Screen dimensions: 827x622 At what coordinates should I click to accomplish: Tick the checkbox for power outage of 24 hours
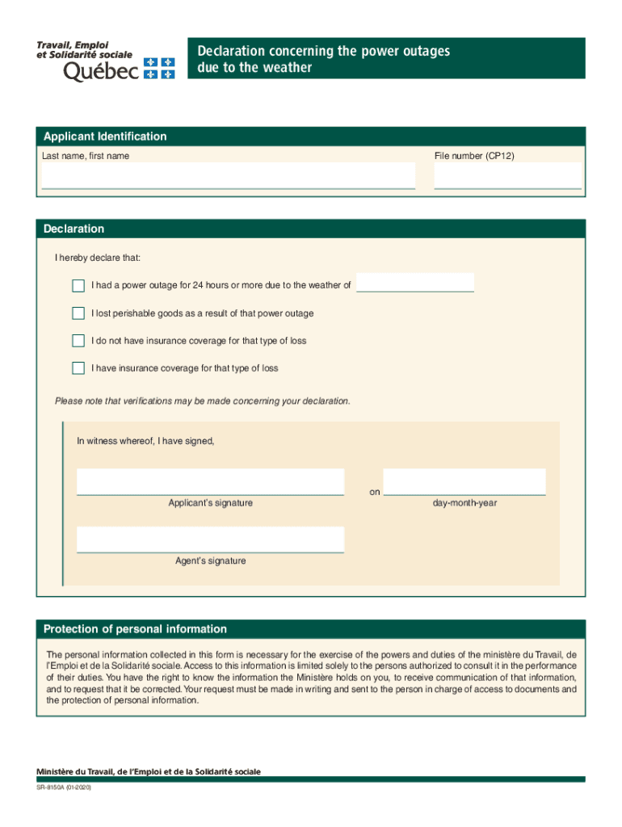click(78, 285)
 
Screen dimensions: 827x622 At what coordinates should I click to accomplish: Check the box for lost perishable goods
click(78, 313)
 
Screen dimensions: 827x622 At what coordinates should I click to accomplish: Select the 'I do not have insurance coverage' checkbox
click(78, 341)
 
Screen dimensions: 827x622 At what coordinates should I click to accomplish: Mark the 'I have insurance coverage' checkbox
click(78, 368)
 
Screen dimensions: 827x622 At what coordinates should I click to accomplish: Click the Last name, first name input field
click(228, 175)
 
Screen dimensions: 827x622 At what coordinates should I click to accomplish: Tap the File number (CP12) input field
click(507, 175)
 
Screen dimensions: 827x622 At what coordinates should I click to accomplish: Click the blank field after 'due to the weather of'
click(415, 283)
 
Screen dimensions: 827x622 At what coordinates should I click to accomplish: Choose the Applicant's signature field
click(210, 481)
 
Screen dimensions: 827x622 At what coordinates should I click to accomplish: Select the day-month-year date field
click(464, 481)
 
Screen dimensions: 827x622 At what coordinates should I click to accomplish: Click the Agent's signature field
click(210, 539)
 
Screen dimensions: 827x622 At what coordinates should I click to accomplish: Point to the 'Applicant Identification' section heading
click(105, 136)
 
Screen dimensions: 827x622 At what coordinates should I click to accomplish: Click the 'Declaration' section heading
click(74, 229)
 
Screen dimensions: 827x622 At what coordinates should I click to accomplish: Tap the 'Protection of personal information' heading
click(135, 629)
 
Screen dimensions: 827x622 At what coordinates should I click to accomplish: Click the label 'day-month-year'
click(464, 503)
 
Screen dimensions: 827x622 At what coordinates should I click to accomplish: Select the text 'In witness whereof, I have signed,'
click(145, 441)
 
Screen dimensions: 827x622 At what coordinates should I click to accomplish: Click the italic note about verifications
click(203, 401)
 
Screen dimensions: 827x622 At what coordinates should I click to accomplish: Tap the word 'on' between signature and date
click(375, 492)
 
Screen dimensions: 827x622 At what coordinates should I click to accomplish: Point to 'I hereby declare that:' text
click(98, 258)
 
